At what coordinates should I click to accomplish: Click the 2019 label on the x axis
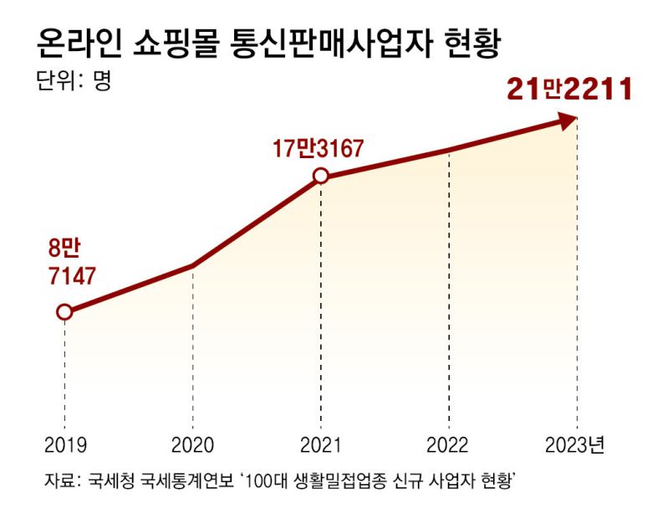coord(64,444)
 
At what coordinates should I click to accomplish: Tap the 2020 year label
coord(193,444)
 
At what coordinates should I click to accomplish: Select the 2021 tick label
coord(322,444)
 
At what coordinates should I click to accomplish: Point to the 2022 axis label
coord(450,444)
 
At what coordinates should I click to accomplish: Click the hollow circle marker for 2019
coord(64,312)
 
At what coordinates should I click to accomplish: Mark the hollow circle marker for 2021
coord(321,177)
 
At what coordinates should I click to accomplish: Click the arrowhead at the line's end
coord(568,121)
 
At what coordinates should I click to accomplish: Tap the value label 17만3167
coord(318,150)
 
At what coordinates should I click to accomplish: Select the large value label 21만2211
coord(571,89)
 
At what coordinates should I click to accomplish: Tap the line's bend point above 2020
coord(193,266)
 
